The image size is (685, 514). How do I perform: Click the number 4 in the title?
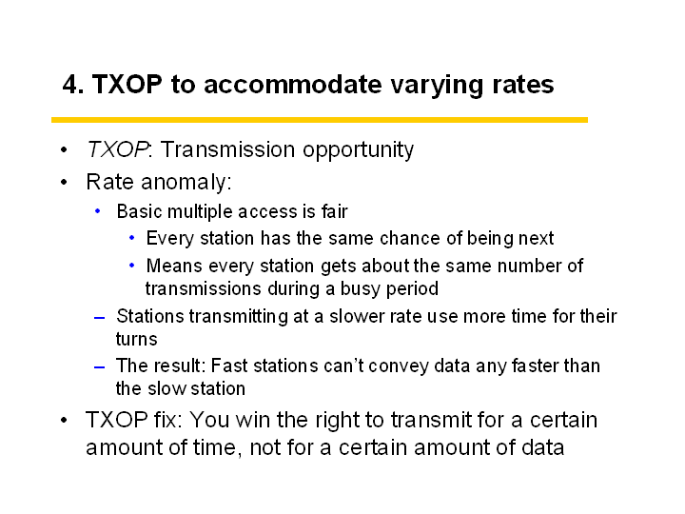70,85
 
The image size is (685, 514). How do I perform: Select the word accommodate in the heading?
293,85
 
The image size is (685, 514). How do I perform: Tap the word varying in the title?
437,87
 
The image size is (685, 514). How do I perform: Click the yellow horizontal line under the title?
320,120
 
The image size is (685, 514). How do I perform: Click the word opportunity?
359,150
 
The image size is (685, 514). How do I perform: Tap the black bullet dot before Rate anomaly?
65,182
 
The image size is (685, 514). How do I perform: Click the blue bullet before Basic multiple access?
97,211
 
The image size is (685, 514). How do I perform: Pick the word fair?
335,211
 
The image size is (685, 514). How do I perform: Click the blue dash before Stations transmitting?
100,318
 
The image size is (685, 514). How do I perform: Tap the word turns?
136,339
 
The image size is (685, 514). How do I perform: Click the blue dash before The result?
100,367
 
